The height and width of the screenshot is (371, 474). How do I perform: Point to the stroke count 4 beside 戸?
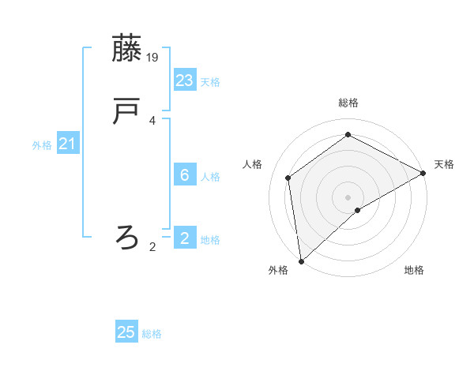point(152,121)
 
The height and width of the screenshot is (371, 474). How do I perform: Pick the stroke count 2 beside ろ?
point(152,247)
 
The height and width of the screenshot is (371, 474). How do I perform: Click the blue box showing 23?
point(185,80)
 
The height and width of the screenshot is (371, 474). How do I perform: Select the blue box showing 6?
point(185,175)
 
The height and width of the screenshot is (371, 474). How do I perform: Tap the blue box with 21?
point(68,144)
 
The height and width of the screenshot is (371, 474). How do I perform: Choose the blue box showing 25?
point(126,332)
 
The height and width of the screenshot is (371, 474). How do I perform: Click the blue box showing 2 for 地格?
point(185,238)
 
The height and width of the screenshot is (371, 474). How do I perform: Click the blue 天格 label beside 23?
point(210,82)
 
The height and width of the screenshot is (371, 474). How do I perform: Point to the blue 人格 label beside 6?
point(210,177)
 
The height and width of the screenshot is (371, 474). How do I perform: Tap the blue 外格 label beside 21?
point(42,145)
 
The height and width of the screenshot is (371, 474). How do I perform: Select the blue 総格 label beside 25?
point(152,334)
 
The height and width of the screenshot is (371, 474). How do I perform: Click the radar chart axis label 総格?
point(348,103)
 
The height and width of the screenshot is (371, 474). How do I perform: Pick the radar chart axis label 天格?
point(444,164)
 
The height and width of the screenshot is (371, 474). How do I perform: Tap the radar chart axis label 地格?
point(414,271)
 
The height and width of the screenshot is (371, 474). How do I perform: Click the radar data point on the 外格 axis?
point(301,260)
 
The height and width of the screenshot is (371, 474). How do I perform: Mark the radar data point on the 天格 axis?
point(423,173)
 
